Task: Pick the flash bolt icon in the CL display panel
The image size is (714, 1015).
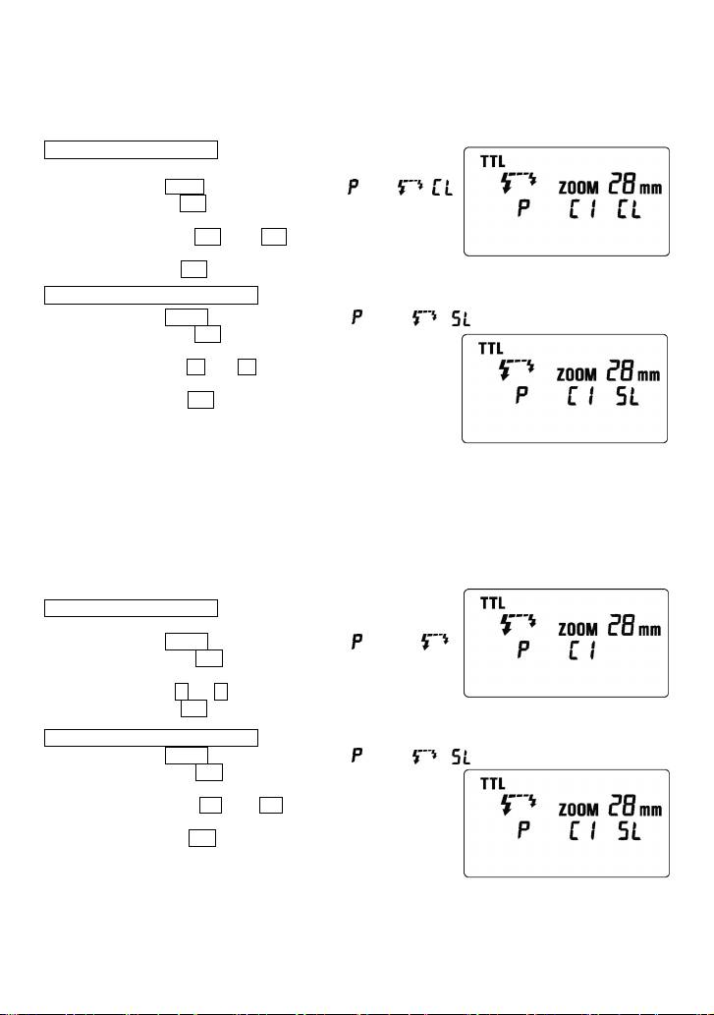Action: (518, 182)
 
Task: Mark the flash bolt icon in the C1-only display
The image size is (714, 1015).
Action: (518, 623)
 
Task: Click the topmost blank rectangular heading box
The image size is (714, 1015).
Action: (131, 149)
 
